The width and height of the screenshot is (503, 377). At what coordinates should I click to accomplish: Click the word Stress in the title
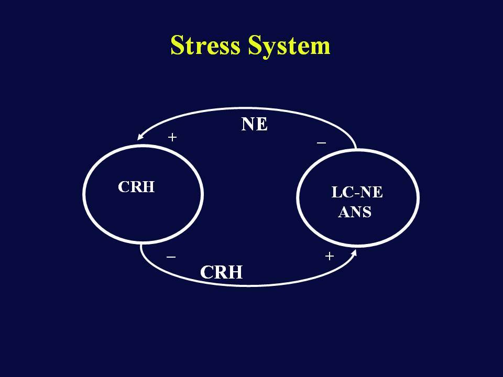[x=205, y=45]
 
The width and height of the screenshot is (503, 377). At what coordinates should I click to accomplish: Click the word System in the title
[x=289, y=47]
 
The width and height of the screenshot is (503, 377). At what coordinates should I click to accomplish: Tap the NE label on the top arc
[x=254, y=124]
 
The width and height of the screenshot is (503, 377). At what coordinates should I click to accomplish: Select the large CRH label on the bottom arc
[x=221, y=272]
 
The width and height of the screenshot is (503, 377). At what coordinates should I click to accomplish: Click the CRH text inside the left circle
[x=136, y=187]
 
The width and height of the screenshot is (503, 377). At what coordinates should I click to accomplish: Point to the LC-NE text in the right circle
[x=357, y=192]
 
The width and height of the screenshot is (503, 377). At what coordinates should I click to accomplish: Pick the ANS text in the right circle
[x=355, y=212]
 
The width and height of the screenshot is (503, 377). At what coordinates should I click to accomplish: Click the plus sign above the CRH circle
[x=172, y=137]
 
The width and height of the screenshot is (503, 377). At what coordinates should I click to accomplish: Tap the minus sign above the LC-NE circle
[x=321, y=142]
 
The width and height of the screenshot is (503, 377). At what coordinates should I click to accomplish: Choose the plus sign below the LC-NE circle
[x=330, y=256]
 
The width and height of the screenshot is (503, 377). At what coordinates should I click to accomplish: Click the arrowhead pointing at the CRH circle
[x=140, y=136]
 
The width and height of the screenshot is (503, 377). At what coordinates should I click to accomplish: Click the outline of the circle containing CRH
[x=83, y=194]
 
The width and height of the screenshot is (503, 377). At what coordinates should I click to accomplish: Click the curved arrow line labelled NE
[x=247, y=109]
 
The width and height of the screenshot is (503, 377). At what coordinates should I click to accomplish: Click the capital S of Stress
[x=178, y=45]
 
